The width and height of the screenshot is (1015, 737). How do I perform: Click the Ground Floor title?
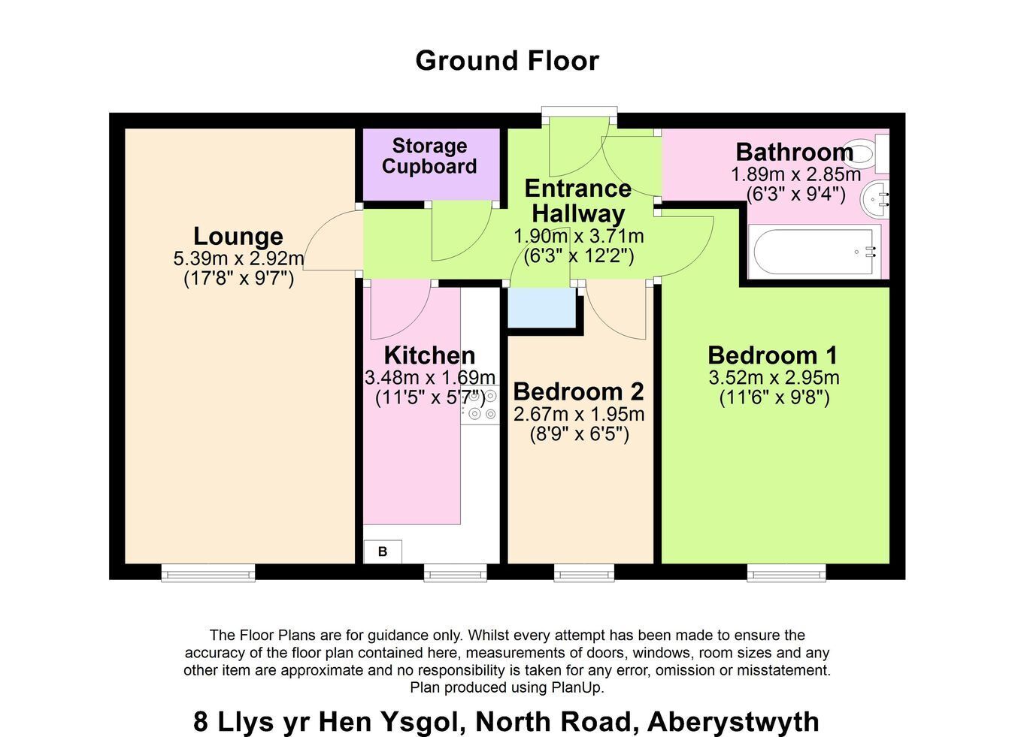[x=507, y=61]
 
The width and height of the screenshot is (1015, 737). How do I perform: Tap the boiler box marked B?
[x=383, y=551]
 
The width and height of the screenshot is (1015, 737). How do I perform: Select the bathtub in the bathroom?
[x=814, y=252]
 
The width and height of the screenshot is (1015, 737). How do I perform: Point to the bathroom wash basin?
[x=875, y=200]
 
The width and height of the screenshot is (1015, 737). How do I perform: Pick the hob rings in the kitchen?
[x=480, y=405]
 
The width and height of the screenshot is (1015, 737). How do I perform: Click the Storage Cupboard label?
[x=429, y=156]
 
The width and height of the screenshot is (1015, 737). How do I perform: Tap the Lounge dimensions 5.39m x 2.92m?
[x=238, y=258]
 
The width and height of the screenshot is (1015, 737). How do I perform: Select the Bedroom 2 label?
[x=578, y=391]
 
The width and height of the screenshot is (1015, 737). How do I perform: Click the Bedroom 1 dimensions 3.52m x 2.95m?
[x=774, y=378]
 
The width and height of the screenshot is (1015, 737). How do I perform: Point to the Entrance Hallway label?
[x=578, y=201]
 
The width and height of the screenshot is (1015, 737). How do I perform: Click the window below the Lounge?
[x=208, y=572]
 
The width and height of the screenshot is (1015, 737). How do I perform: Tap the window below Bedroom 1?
[x=786, y=572]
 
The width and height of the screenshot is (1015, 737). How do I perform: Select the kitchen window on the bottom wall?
[x=455, y=572]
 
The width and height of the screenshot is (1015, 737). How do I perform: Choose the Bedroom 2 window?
[x=583, y=572]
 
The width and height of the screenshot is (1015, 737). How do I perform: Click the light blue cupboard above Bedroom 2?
[x=541, y=307]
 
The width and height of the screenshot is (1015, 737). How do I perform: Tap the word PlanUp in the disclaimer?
[x=577, y=687]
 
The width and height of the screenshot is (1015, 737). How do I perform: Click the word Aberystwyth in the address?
[x=733, y=721]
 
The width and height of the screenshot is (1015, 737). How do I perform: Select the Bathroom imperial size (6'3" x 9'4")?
[x=795, y=195]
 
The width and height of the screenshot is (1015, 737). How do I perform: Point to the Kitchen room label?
[x=429, y=355]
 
